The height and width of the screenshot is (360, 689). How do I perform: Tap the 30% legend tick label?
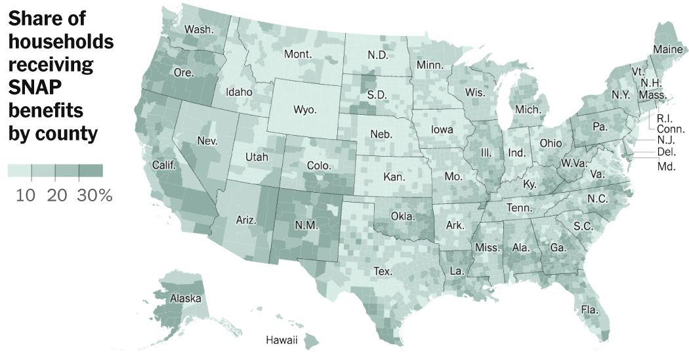point(94,195)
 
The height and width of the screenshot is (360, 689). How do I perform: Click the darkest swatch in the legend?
point(91,171)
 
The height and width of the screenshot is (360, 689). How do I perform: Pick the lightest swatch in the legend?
point(20,171)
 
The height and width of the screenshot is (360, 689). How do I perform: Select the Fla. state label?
point(590,309)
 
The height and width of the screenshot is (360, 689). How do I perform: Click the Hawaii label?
point(282,340)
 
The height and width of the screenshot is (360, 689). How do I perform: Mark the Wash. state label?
point(198,30)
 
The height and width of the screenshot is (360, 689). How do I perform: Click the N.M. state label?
point(306,226)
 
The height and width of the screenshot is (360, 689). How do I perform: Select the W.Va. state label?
point(575,163)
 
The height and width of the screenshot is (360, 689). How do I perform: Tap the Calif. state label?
point(164,165)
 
